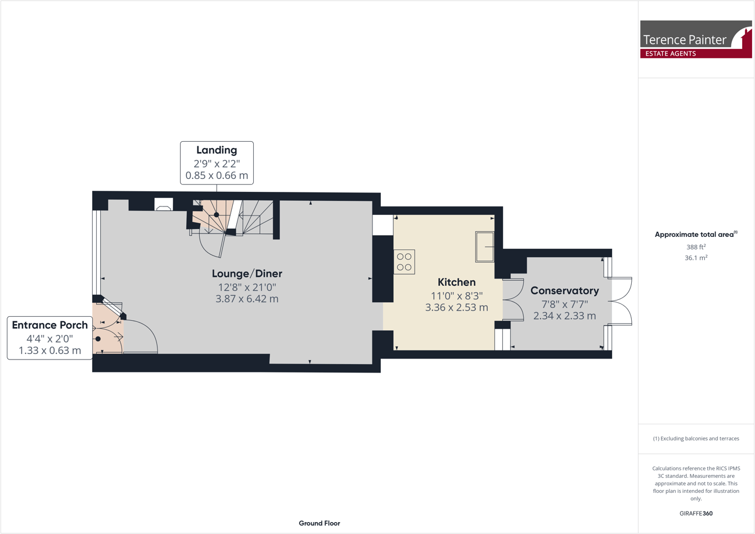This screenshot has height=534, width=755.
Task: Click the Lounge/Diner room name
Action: click(247, 273)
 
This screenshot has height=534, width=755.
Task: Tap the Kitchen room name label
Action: click(456, 282)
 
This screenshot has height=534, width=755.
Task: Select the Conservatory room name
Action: click(564, 290)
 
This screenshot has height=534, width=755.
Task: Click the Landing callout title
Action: click(217, 150)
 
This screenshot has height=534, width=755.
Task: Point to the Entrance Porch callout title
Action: click(50, 325)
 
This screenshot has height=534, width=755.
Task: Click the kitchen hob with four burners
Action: click(404, 262)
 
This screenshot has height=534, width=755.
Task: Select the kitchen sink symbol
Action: click(484, 246)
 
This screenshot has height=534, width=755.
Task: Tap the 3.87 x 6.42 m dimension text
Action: click(247, 299)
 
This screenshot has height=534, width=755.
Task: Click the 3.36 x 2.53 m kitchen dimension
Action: click(456, 307)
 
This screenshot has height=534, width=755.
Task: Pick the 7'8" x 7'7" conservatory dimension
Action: click(564, 304)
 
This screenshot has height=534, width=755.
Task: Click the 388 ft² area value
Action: click(696, 246)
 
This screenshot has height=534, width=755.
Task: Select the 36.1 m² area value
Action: click(696, 258)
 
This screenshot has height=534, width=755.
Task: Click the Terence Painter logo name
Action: click(685, 39)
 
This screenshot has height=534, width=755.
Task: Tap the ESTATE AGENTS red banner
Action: click(671, 53)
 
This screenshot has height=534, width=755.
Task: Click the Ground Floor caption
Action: click(319, 523)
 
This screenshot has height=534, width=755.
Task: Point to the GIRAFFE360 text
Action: click(696, 513)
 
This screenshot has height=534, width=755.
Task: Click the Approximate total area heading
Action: click(695, 235)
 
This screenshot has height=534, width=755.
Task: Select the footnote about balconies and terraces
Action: click(696, 438)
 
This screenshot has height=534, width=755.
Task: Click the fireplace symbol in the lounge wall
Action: click(164, 205)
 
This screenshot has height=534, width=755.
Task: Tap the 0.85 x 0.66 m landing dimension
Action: click(217, 176)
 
